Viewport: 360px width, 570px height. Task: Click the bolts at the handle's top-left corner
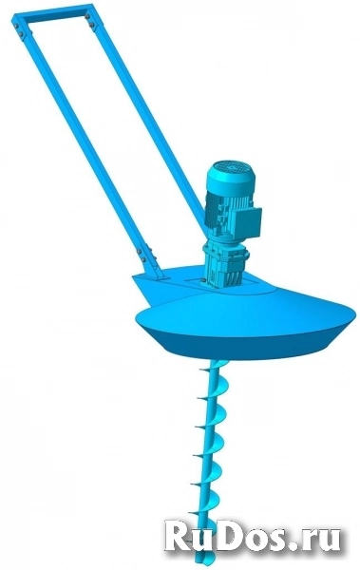pyautogui.click(x=18, y=29)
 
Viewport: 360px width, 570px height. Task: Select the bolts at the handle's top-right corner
pyautogui.click(x=89, y=20)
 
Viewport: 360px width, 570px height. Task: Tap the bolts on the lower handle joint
pyautogui.click(x=142, y=255)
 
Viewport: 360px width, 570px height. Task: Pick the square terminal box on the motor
pyautogui.click(x=247, y=221)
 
